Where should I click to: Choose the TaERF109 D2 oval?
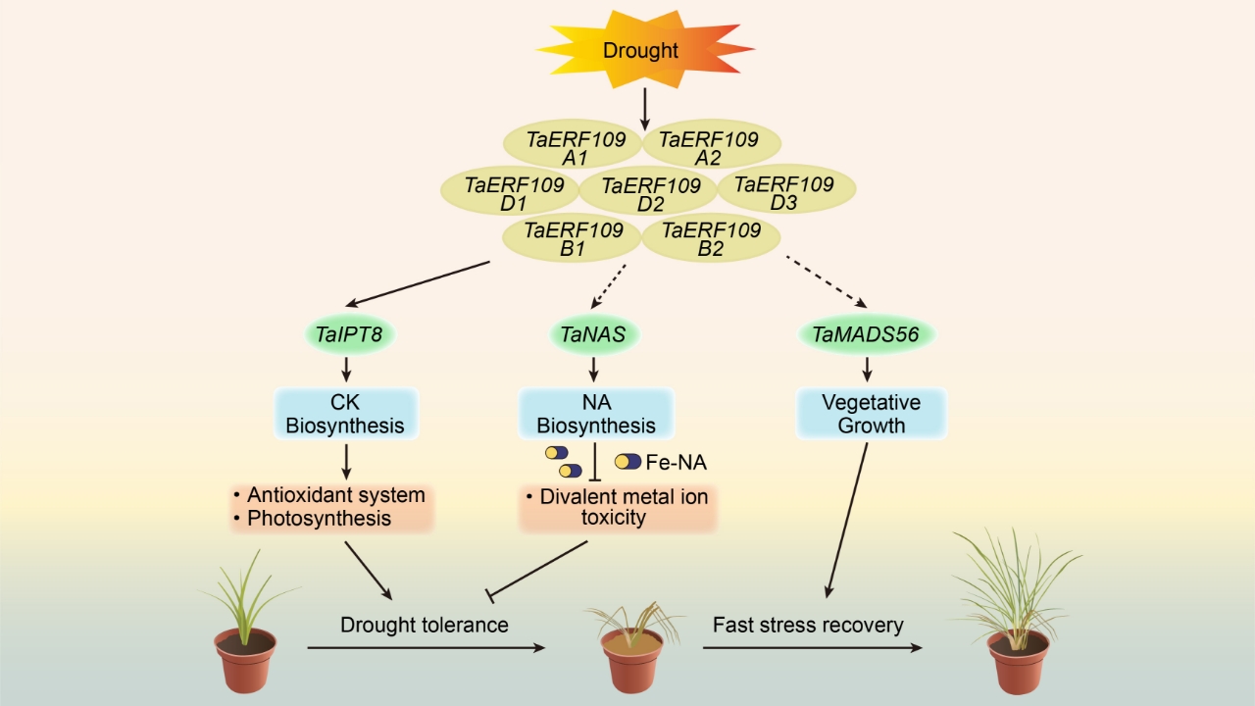(x=649, y=191)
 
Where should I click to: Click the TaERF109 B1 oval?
(x=574, y=238)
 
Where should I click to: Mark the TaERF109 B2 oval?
(x=710, y=238)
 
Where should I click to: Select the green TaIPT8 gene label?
(x=355, y=335)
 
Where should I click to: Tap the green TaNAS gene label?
(x=593, y=335)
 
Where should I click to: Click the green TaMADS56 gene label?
(x=867, y=335)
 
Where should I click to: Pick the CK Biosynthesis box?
(x=344, y=413)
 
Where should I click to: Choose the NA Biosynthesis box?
(x=595, y=413)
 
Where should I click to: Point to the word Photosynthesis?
(x=320, y=518)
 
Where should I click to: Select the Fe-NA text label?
(x=677, y=462)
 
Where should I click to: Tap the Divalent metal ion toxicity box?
(x=618, y=506)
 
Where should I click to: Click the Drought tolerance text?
(x=425, y=625)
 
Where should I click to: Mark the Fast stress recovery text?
(x=808, y=625)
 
